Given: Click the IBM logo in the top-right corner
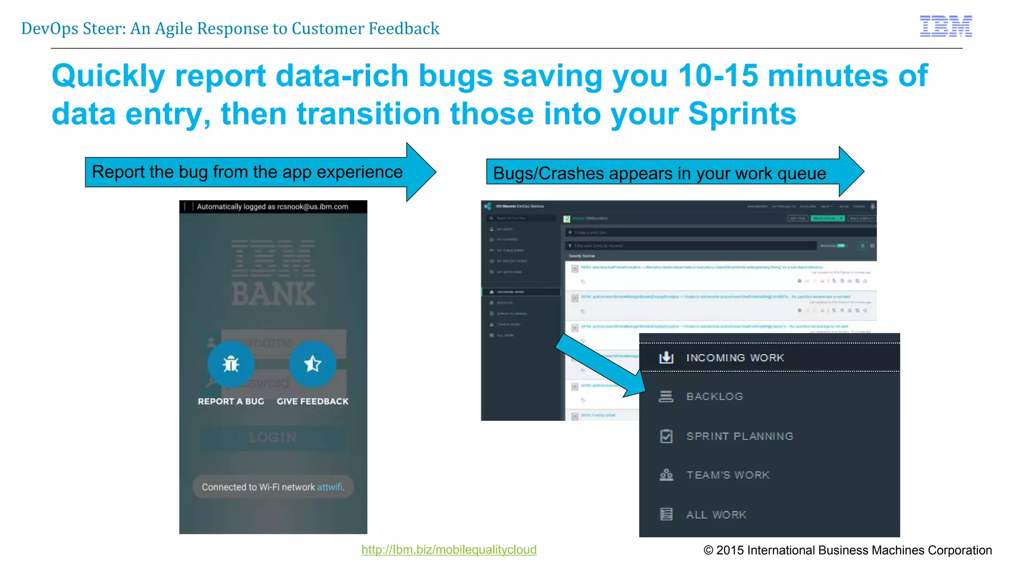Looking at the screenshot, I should pyautogui.click(x=946, y=26).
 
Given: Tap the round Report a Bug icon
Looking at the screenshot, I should pyautogui.click(x=231, y=364).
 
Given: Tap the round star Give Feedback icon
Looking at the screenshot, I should pyautogui.click(x=313, y=364).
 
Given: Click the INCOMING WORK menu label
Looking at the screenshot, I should pyautogui.click(x=735, y=358).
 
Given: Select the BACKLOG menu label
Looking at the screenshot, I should pyautogui.click(x=714, y=397).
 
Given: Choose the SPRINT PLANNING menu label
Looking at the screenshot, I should pyautogui.click(x=740, y=436).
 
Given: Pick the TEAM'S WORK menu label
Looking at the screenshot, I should pyautogui.click(x=728, y=475).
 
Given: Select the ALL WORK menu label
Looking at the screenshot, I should pyautogui.click(x=716, y=514).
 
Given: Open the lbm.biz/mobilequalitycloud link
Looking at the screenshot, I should pyautogui.click(x=448, y=550).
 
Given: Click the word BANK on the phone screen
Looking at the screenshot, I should pyautogui.click(x=273, y=294).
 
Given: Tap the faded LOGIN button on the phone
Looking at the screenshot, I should pyautogui.click(x=273, y=437).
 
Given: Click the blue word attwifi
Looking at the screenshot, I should pyautogui.click(x=329, y=487).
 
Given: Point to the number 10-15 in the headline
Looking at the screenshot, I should pyautogui.click(x=718, y=76).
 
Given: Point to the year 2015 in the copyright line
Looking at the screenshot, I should pyautogui.click(x=730, y=550).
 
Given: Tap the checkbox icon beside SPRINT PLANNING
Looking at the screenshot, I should pyautogui.click(x=666, y=436).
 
